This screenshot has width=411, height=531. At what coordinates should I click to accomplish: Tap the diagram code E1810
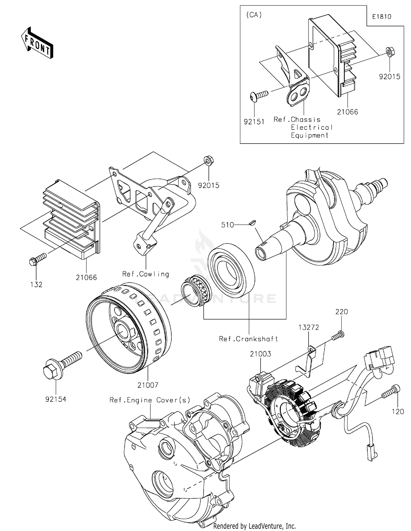(381, 17)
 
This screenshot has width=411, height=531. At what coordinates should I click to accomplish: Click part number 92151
(254, 122)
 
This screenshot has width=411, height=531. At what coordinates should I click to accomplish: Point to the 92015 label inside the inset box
(389, 77)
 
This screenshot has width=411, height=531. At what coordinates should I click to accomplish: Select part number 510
(227, 225)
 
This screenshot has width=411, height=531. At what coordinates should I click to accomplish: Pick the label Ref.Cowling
(145, 274)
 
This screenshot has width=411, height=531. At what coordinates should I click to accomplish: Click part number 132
(36, 285)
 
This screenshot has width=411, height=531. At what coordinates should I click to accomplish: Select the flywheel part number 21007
(148, 385)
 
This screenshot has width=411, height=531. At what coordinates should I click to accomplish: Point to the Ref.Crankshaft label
(248, 339)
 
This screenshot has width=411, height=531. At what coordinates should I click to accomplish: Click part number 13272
(309, 327)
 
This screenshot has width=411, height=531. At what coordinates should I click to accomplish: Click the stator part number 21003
(260, 354)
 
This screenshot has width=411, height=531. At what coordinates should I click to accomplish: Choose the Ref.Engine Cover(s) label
(150, 400)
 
